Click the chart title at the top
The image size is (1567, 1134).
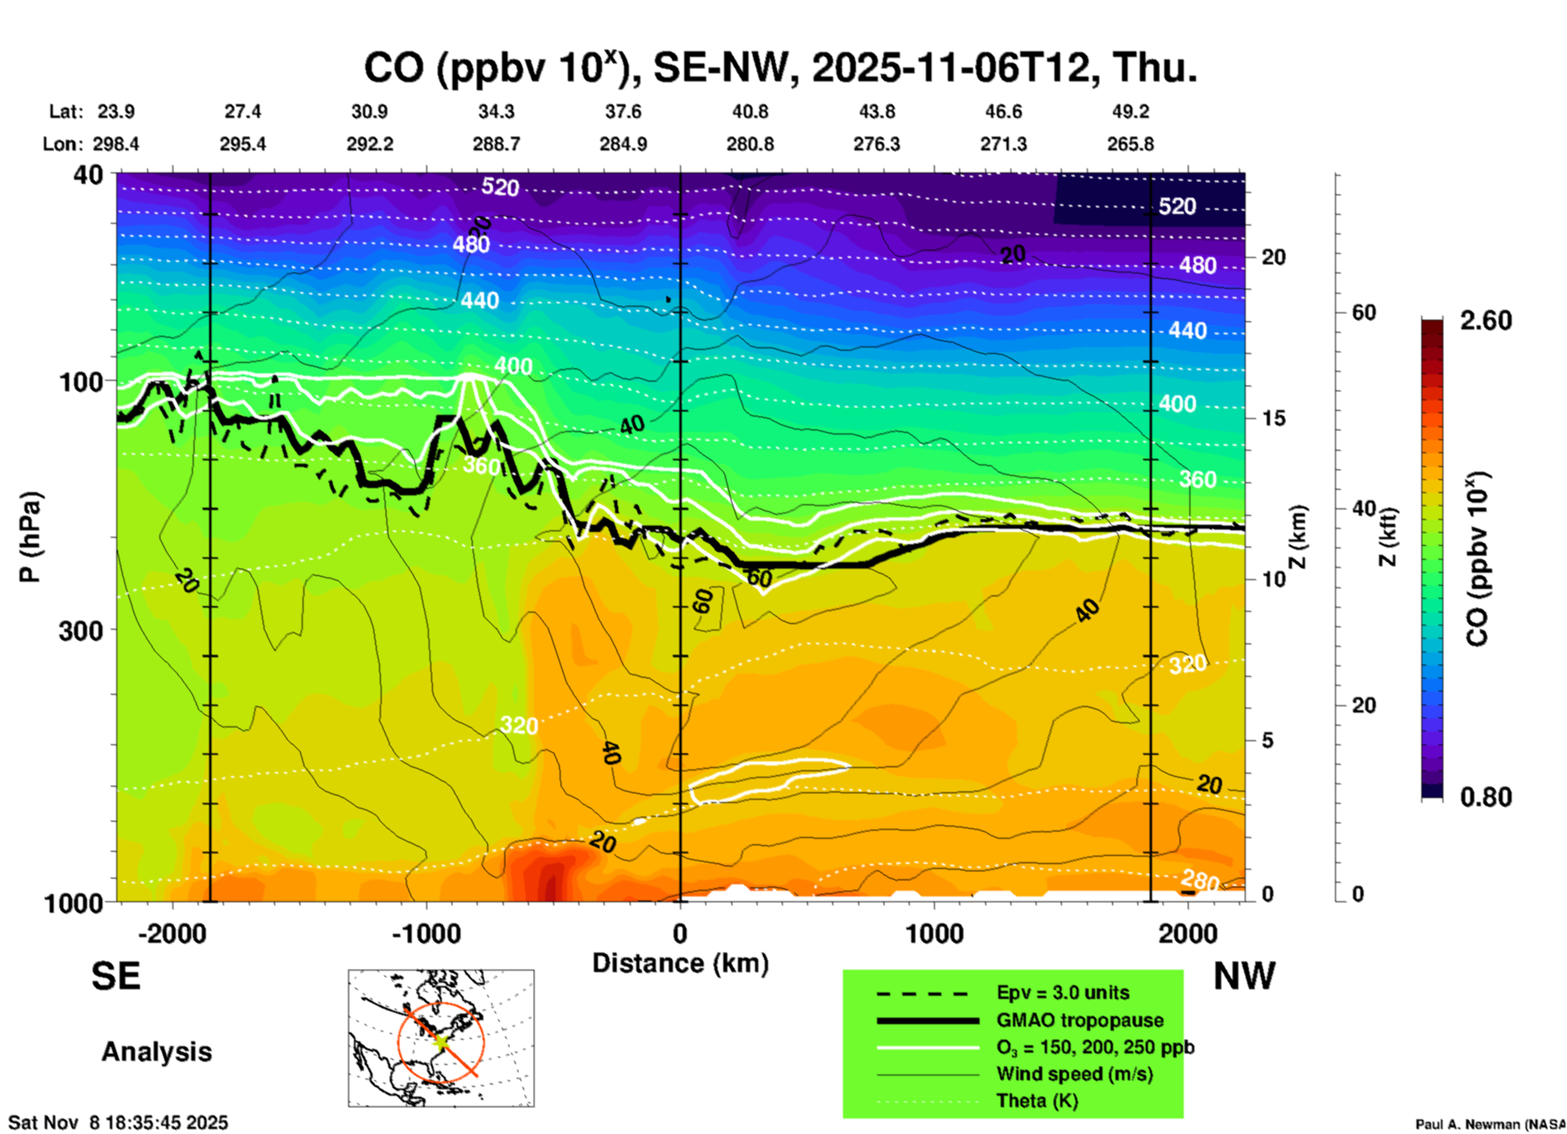(x=779, y=67)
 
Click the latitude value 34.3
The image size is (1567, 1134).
(x=495, y=111)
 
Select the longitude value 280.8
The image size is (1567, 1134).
(x=749, y=144)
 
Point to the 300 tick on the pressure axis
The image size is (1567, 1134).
(x=81, y=630)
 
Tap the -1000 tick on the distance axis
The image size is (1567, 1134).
(x=426, y=933)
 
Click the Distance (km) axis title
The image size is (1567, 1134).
(x=680, y=963)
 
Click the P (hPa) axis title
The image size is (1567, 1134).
(x=29, y=537)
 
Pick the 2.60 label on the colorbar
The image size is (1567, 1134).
(x=1486, y=321)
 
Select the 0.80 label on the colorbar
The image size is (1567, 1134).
(x=1486, y=797)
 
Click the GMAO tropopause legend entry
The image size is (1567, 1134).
(x=1080, y=1020)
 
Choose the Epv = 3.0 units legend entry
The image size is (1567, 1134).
(x=1063, y=992)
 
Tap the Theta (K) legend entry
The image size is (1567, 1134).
(x=1037, y=1101)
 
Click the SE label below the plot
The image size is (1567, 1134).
(x=116, y=976)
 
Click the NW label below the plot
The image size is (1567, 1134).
(x=1244, y=976)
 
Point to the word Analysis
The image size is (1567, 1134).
(x=156, y=1052)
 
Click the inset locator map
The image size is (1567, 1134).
(x=441, y=1038)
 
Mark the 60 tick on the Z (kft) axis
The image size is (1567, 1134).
(x=1364, y=312)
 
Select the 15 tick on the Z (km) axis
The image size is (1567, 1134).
(x=1273, y=418)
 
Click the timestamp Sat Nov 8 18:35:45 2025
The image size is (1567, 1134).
(x=118, y=1123)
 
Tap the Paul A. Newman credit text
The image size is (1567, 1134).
(x=1490, y=1124)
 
